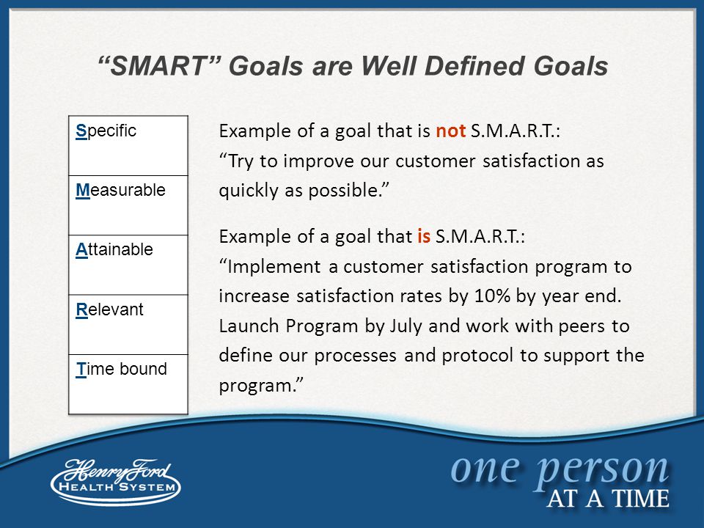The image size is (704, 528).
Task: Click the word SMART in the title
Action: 158,66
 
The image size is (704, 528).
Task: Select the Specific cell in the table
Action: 128,145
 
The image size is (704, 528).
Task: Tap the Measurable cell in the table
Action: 128,205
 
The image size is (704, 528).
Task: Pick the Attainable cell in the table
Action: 128,265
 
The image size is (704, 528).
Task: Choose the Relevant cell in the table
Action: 128,325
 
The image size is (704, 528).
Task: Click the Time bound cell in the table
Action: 128,384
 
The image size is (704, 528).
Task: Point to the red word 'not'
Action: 451,131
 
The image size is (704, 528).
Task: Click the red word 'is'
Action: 424,236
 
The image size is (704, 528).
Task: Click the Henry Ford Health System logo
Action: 116,481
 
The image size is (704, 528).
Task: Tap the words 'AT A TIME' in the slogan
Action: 608,499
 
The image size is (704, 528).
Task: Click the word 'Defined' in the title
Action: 475,66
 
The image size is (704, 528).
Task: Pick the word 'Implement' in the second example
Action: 274,267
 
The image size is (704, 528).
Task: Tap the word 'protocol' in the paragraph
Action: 477,356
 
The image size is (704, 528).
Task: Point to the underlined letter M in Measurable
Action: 83,191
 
